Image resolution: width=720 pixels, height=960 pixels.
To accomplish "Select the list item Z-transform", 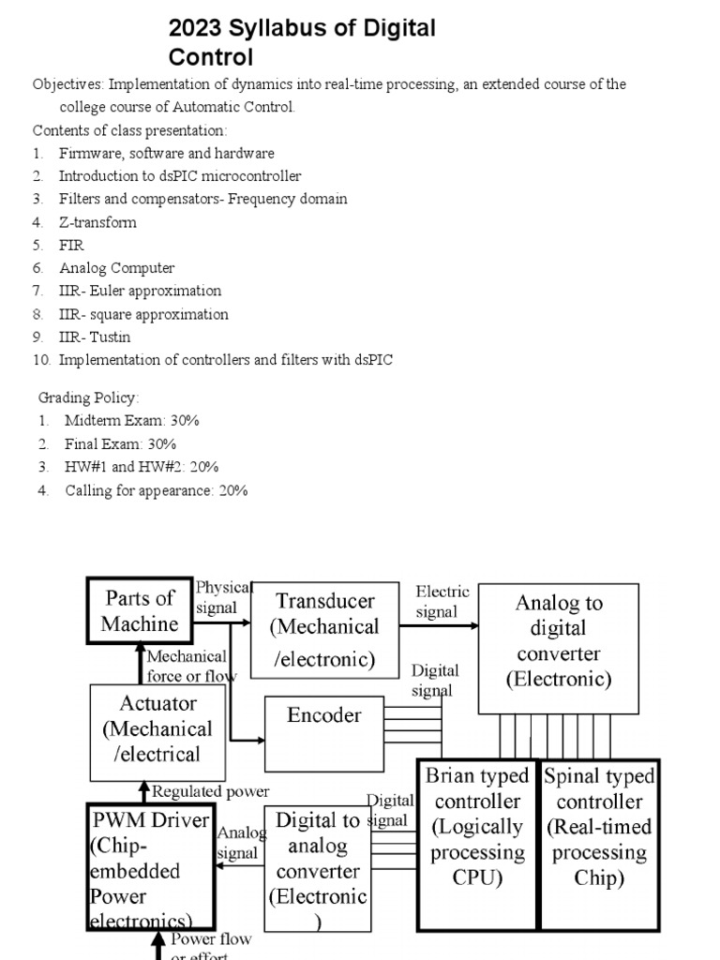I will coord(97,222).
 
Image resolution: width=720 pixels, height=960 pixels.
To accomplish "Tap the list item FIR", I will coord(71,246).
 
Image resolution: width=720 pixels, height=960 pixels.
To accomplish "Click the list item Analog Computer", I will coord(116,268).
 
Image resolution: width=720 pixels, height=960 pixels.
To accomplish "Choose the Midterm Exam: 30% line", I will coord(131,421).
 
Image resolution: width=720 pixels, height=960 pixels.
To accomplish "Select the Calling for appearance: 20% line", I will coord(156,490).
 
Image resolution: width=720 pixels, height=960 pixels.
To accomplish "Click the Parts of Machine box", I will coord(140,610).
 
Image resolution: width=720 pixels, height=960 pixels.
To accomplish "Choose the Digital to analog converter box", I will coord(318,871).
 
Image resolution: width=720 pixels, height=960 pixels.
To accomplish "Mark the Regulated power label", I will coord(210,792).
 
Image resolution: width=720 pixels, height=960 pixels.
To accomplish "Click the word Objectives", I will coord(68,84).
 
